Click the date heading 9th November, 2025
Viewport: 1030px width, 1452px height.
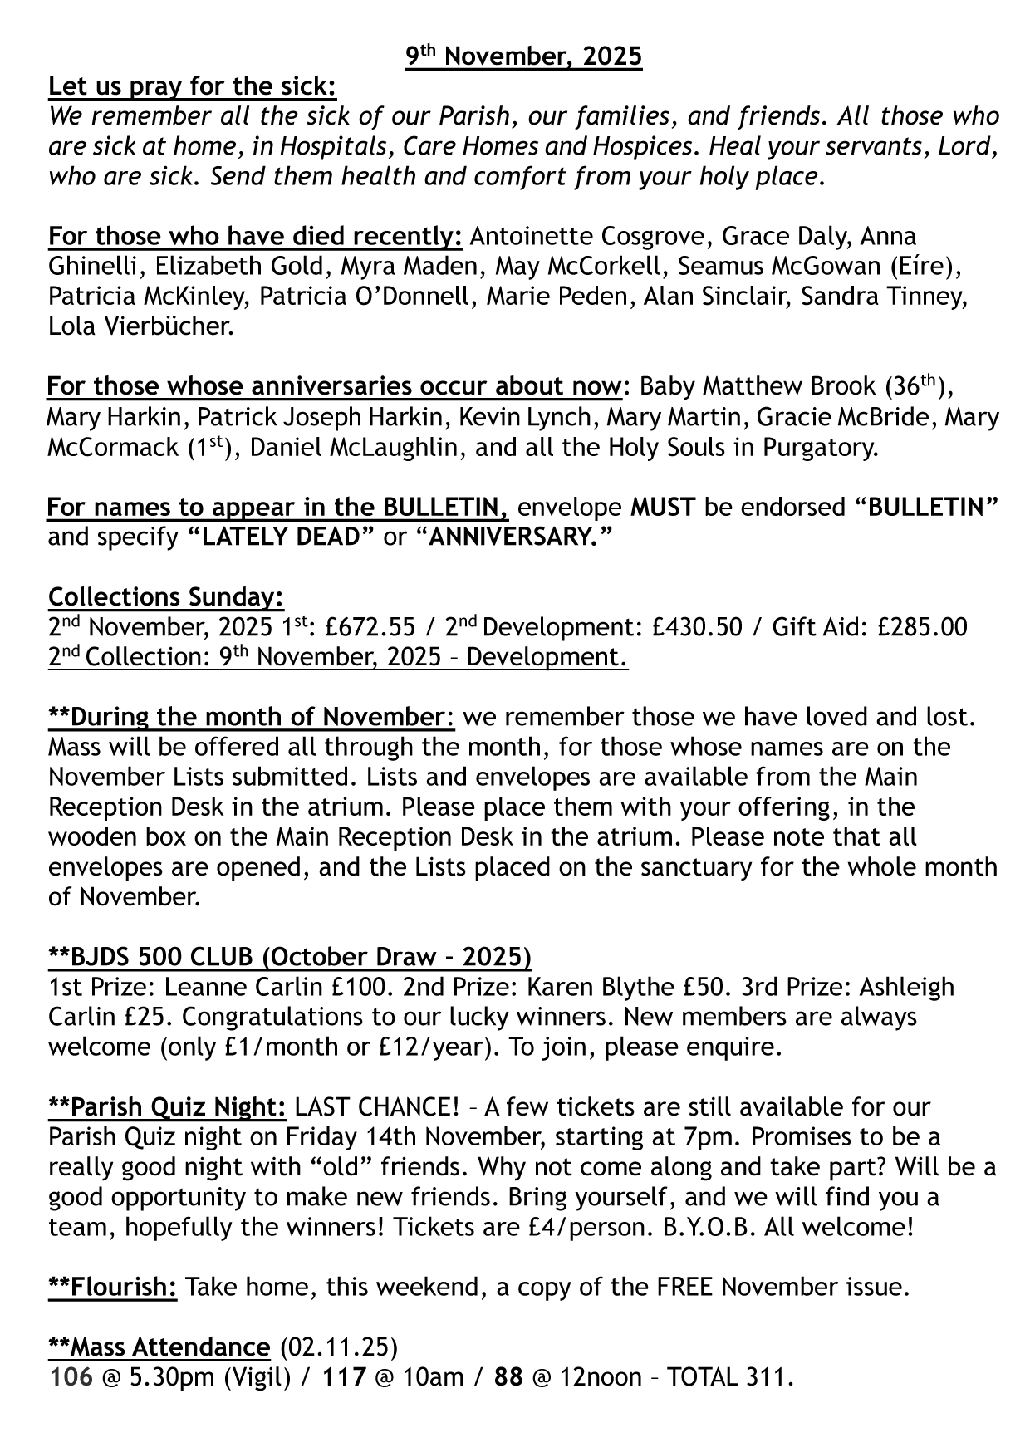[x=523, y=56]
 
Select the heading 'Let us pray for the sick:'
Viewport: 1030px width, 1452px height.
[x=193, y=86]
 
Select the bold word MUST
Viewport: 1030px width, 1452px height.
[x=663, y=507]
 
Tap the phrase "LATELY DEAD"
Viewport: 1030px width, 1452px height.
[x=282, y=537]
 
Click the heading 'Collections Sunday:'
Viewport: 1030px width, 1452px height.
[x=166, y=597]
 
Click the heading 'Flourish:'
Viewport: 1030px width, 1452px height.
[x=113, y=1287]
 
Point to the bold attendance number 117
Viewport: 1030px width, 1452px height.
[x=344, y=1376]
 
